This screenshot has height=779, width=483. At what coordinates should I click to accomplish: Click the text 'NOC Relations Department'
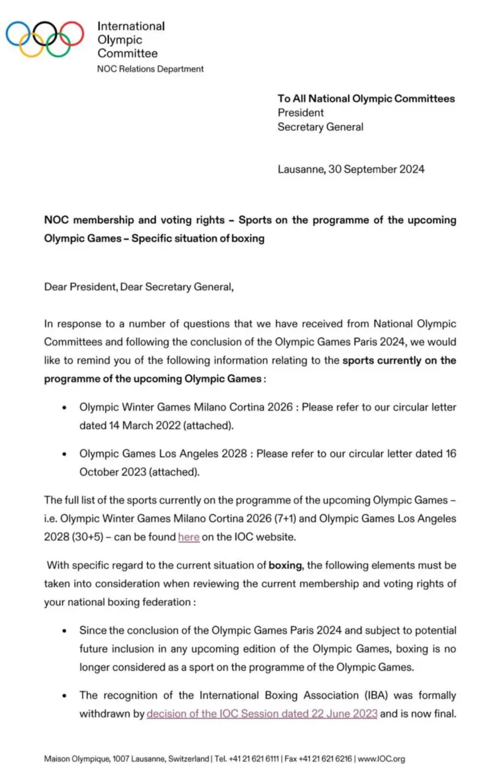(151, 69)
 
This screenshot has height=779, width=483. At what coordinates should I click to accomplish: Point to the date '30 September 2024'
(376, 169)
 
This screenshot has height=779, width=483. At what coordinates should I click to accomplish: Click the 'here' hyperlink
(188, 537)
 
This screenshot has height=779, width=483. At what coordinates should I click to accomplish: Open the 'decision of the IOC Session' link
(262, 714)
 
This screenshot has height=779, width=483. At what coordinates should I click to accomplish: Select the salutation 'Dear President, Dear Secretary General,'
(138, 288)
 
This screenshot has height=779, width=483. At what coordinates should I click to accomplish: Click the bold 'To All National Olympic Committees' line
(366, 99)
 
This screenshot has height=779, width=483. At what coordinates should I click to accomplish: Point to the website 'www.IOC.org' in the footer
(382, 758)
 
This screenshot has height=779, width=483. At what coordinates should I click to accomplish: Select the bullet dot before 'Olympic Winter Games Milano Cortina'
(65, 408)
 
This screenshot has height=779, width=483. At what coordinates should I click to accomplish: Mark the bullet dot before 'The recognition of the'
(65, 696)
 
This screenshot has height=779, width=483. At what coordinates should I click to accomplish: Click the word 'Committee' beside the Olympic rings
(127, 53)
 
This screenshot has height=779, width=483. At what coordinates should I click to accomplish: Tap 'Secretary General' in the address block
(321, 126)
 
